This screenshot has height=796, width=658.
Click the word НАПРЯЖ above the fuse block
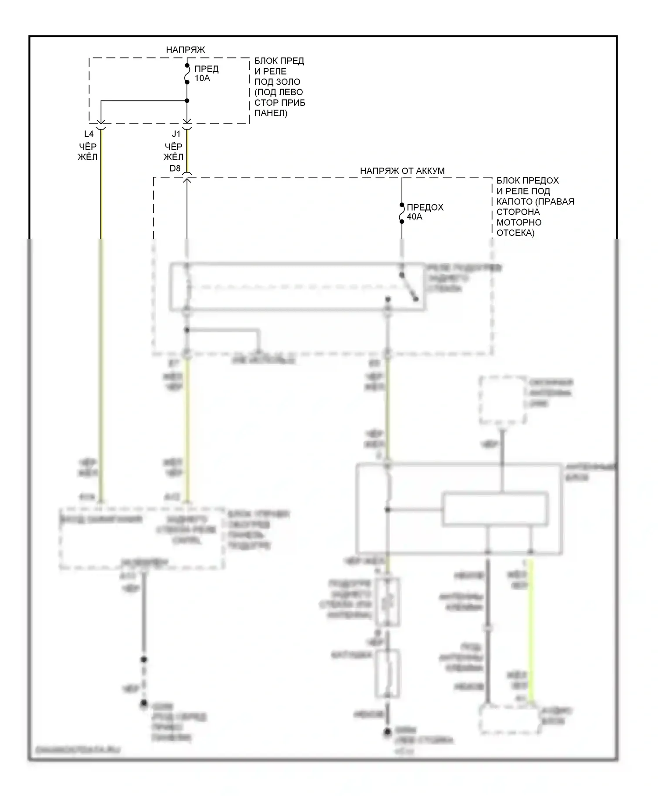[185, 50]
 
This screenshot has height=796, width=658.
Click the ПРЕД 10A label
[206, 74]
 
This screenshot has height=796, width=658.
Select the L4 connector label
[89, 134]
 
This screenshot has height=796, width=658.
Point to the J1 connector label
[176, 134]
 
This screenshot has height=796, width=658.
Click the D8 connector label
[175, 168]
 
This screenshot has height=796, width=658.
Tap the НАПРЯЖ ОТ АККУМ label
[402, 171]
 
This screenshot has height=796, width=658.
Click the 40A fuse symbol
[402, 213]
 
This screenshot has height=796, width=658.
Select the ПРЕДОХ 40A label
[425, 212]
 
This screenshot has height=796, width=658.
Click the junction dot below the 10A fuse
[187, 101]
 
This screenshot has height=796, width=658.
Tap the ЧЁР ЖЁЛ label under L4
[88, 152]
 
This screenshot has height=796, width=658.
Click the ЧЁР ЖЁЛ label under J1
[174, 152]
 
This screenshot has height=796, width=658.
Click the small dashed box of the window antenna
[503, 400]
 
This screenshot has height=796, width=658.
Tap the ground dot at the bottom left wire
[143, 704]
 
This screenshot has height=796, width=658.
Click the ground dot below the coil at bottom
[387, 732]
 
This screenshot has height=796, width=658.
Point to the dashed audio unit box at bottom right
[509, 720]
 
